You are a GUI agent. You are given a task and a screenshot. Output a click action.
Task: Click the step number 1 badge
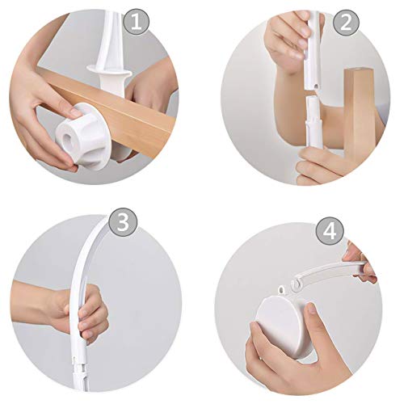(137, 22)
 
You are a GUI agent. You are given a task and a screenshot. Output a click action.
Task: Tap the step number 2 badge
(346, 22)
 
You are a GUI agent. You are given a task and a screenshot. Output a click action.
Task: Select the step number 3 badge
(123, 222)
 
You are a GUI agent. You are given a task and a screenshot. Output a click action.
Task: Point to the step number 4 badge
(330, 231)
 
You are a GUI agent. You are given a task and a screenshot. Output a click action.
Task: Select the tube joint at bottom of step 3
(79, 367)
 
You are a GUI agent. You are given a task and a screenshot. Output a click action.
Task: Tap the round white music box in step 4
(285, 325)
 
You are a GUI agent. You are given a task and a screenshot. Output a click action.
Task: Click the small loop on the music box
(282, 290)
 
